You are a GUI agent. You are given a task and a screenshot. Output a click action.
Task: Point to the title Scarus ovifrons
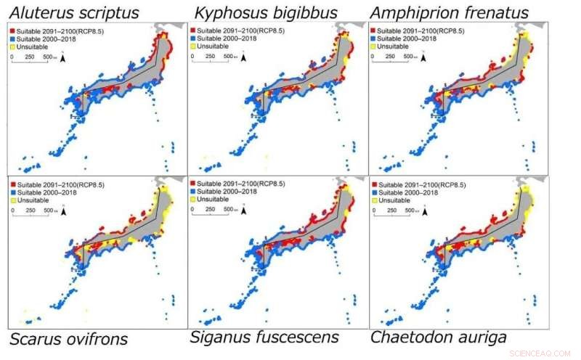(68, 339)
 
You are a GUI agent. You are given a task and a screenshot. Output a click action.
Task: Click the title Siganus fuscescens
(264, 337)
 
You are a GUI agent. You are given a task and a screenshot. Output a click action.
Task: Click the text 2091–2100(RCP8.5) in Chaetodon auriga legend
(439, 184)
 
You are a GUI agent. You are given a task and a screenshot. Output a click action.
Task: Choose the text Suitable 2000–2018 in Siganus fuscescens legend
(226, 192)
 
